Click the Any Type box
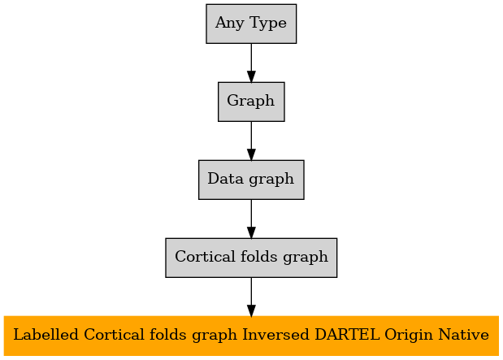(251, 24)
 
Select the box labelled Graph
(251, 102)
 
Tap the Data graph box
(251, 180)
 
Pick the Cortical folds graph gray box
(251, 258)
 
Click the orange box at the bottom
(251, 336)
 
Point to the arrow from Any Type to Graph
(251, 63)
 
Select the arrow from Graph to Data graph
(251, 141)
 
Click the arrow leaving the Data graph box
(251, 219)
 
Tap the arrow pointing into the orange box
(251, 297)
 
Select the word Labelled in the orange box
(46, 335)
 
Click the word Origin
(409, 336)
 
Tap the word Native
(464, 335)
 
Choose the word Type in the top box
(268, 24)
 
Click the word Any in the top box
(230, 24)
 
